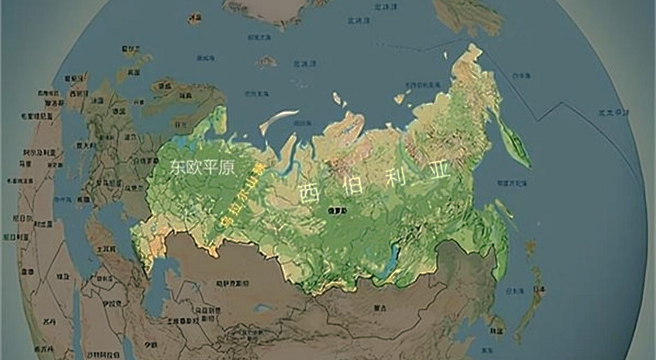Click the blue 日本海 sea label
tap(515, 291)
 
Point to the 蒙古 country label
tap(380, 308)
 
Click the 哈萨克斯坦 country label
tap(233, 283)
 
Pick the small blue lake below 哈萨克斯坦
tap(263, 308)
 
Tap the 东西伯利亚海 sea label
tap(423, 85)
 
